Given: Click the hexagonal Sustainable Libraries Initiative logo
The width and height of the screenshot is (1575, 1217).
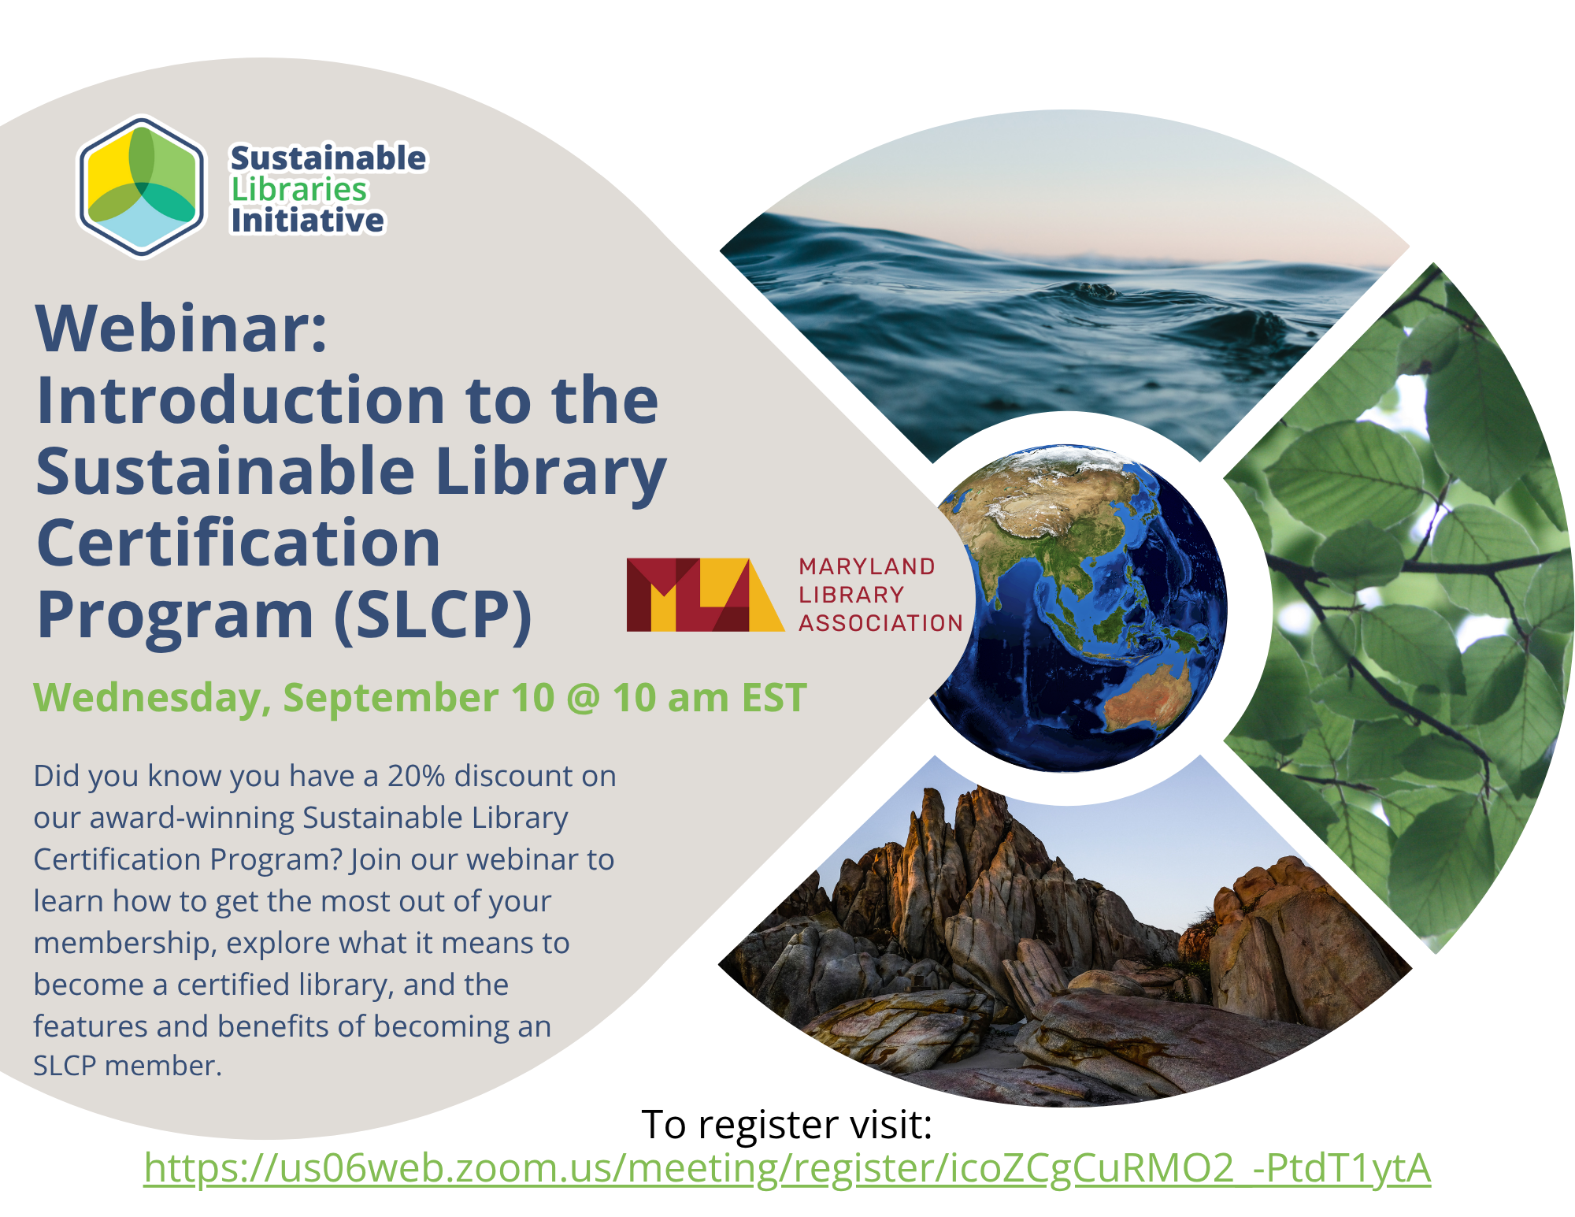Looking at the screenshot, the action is [142, 187].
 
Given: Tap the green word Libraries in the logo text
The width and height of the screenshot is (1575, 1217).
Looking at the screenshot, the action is [299, 190].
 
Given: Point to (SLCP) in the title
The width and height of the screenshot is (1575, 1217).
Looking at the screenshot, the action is [433, 615].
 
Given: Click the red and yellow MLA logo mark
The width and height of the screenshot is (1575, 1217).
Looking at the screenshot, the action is [705, 595].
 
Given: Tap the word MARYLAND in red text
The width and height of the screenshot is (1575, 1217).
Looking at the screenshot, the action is [867, 566].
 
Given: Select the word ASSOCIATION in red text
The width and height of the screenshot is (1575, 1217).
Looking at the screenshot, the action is [881, 623].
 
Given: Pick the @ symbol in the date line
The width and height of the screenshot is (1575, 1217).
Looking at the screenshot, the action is [584, 698].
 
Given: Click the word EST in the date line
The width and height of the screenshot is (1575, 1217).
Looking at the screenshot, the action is [775, 698].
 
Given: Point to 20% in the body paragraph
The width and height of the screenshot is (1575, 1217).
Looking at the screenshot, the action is [416, 776].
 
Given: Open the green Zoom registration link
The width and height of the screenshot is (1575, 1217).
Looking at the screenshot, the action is [787, 1168].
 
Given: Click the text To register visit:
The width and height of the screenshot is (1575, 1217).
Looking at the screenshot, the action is [787, 1124].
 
